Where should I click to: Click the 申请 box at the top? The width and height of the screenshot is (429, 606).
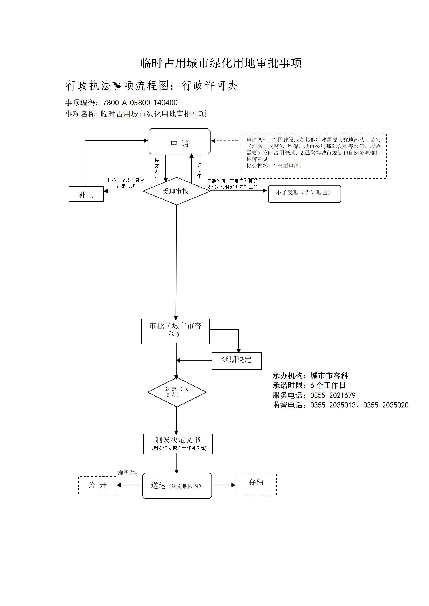coord(179,141)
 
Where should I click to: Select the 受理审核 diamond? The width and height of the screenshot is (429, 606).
coord(177,191)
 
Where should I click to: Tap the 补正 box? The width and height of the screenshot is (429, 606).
coord(86,194)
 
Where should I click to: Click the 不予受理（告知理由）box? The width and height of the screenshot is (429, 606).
coord(304,194)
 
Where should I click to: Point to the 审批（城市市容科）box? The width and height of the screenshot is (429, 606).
coord(175,331)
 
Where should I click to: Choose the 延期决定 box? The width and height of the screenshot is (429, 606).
coord(237,361)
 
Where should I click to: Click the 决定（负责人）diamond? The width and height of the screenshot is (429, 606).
coord(177,392)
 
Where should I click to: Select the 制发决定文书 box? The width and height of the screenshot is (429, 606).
coord(178,444)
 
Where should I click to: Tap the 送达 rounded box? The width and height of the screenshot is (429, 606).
coord(177,486)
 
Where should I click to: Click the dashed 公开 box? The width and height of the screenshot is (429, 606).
coord(97,485)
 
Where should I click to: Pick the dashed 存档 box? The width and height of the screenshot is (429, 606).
coord(256,484)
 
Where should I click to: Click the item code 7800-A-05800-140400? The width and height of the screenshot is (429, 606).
coord(140,103)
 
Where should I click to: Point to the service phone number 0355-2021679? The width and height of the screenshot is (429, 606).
coord(333,395)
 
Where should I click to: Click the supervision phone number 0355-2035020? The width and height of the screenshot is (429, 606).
coord(386,405)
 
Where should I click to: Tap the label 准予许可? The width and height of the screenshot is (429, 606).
coord(128,473)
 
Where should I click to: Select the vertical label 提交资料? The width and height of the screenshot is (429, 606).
coord(157,169)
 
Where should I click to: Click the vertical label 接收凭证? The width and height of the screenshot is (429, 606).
coord(199,167)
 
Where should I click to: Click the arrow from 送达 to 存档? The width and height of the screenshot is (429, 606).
coord(224,485)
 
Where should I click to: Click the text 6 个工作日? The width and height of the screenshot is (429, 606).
coord(328,385)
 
